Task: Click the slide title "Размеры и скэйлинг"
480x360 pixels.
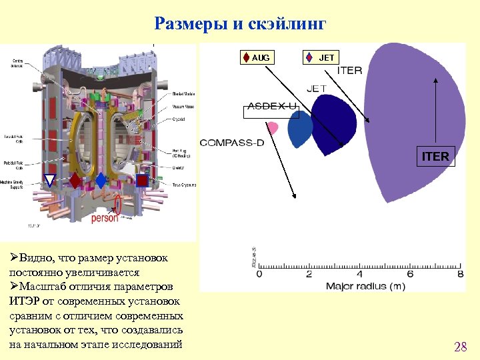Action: pos(240,25)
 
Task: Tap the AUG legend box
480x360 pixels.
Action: pos(257,58)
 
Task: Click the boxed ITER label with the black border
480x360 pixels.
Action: pos(435,157)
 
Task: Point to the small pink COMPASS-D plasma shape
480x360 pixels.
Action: pos(273,128)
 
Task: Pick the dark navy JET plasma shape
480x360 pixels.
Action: pos(335,123)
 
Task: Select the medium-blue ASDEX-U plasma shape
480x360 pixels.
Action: pos(300,128)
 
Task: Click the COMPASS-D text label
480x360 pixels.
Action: pos(231,143)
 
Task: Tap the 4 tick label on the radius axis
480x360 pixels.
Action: pos(360,274)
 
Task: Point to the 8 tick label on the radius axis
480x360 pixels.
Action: pos(461,274)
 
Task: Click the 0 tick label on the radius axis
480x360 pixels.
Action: pos(259,274)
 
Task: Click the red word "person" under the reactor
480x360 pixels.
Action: pos(105,217)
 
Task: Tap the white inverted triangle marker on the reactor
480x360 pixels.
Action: pos(50,180)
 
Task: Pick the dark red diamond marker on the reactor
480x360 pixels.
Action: pos(75,181)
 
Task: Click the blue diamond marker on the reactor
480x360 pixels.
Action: pos(101,180)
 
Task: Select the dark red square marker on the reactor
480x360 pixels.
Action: pos(142,180)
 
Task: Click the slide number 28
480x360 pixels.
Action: pos(460,347)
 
